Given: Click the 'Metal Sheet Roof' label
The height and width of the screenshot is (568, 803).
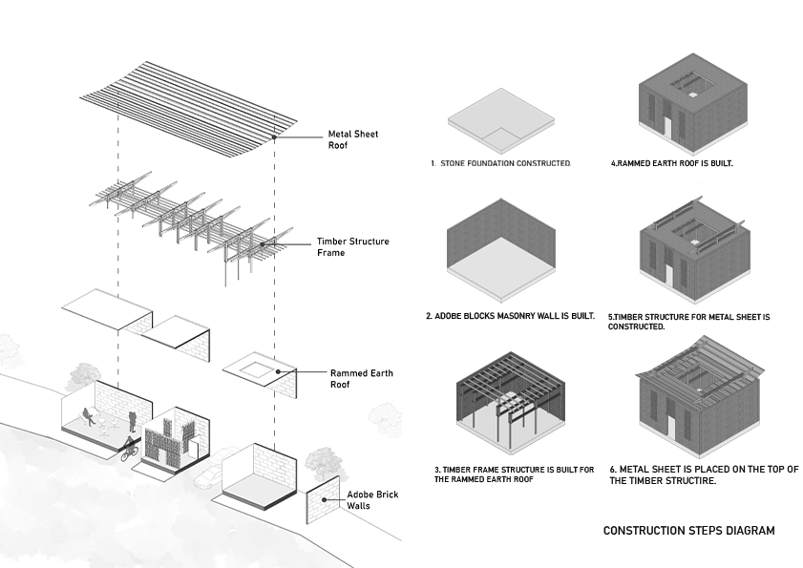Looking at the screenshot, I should point(352,140).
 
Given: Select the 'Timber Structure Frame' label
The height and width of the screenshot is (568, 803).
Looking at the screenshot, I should point(352,247).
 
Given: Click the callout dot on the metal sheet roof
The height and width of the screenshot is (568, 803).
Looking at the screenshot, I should point(275,137).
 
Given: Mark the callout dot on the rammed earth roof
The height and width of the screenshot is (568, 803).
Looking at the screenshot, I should point(278,371).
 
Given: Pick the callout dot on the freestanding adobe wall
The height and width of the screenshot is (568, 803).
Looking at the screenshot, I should point(325,498).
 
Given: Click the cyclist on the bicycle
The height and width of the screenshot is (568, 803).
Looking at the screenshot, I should point(128,449).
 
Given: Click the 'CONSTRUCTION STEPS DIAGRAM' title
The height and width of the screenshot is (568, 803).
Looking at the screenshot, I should point(688,531).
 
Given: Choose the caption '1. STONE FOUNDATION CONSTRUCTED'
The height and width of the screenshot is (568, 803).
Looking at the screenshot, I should point(500,164).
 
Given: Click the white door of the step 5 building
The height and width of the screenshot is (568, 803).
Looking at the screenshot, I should point(668,276).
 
